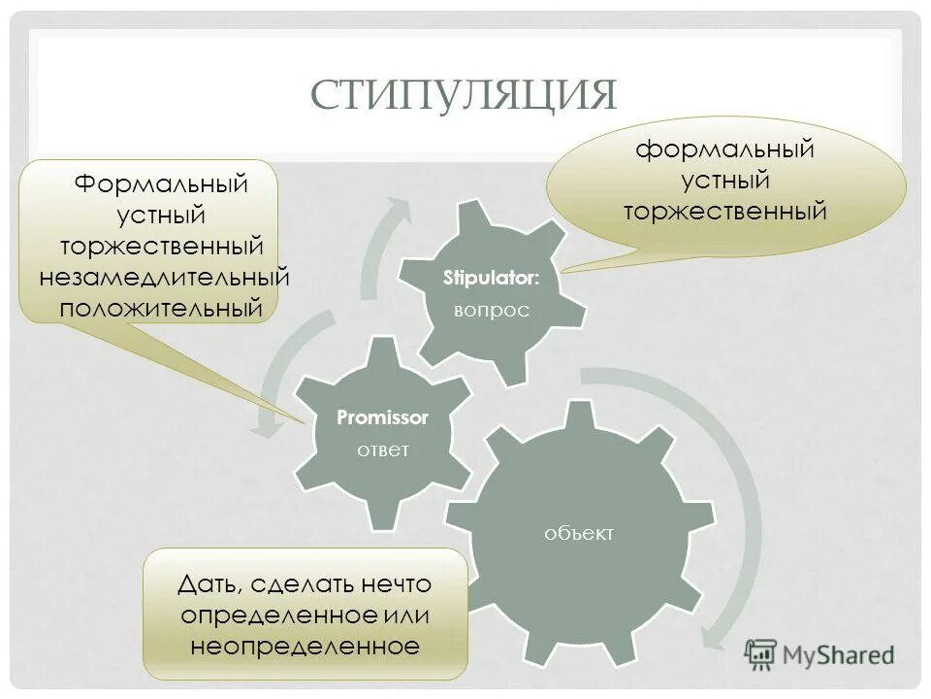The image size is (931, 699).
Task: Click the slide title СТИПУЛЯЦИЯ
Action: [x=465, y=94]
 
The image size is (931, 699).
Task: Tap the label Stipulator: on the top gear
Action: [x=492, y=279]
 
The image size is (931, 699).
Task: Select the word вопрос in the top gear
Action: [x=492, y=310]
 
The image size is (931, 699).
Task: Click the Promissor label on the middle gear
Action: [x=382, y=417]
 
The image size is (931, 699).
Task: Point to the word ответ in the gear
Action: [x=382, y=449]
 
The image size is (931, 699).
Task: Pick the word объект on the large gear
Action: [x=580, y=533]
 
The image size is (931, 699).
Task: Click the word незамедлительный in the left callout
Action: [x=165, y=277]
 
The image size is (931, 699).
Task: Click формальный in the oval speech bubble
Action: [x=724, y=150]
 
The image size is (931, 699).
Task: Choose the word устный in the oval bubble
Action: [x=724, y=180]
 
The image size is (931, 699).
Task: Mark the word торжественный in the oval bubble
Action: [x=724, y=210]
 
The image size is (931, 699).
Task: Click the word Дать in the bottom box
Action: [x=209, y=584]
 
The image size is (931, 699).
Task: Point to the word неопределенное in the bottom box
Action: [x=305, y=646]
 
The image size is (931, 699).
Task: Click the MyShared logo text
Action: [x=840, y=655]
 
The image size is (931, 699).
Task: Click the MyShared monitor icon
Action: [x=761, y=653]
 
